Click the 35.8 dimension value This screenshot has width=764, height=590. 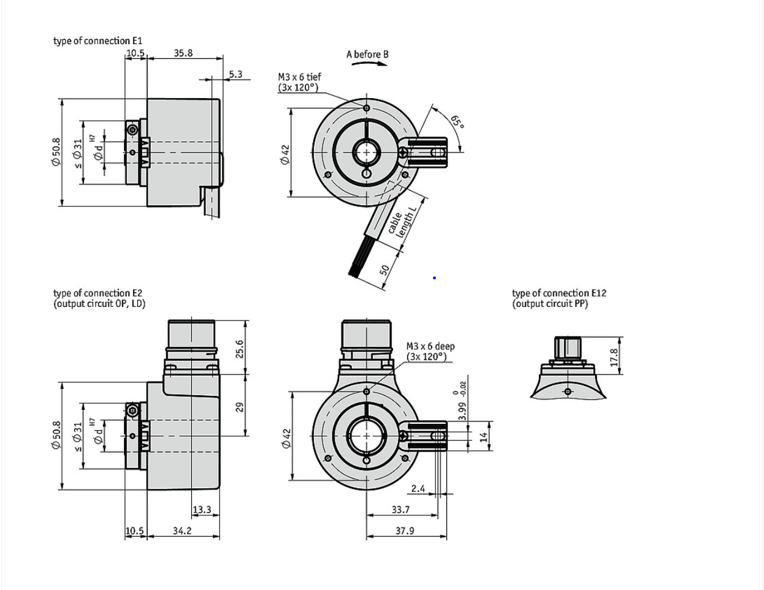tap(183, 53)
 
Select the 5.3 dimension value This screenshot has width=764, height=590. tap(235, 74)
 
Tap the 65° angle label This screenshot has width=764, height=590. tap(457, 121)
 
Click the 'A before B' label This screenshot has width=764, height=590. tap(367, 55)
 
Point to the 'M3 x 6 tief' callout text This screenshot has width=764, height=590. tap(299, 77)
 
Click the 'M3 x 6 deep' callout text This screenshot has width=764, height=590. tap(430, 347)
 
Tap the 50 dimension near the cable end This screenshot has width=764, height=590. tap(385, 270)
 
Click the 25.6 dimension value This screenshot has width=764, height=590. tap(240, 349)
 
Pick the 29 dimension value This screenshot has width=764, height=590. tap(240, 406)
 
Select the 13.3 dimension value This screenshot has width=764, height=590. tap(202, 509)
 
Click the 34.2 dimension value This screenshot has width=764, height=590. tap(182, 531)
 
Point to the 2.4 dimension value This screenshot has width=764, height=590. tap(418, 488)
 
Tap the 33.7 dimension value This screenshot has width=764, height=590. tap(400, 509)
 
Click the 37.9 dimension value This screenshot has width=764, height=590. tap(404, 531)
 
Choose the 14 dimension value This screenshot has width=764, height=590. tap(483, 437)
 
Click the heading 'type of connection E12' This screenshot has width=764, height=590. tap(559, 293)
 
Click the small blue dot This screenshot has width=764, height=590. tap(434, 278)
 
